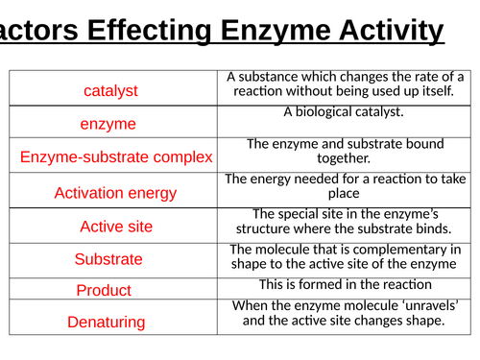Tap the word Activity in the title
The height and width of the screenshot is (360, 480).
[392, 31]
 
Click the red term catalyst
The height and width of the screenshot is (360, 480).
[110, 90]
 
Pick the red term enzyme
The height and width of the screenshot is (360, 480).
[108, 124]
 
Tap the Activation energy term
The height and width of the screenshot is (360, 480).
[115, 193]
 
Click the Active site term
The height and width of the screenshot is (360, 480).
[115, 227]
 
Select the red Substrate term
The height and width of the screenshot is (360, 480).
[108, 259]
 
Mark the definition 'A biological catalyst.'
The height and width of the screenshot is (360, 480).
[345, 112]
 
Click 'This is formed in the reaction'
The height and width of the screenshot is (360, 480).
[345, 284]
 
